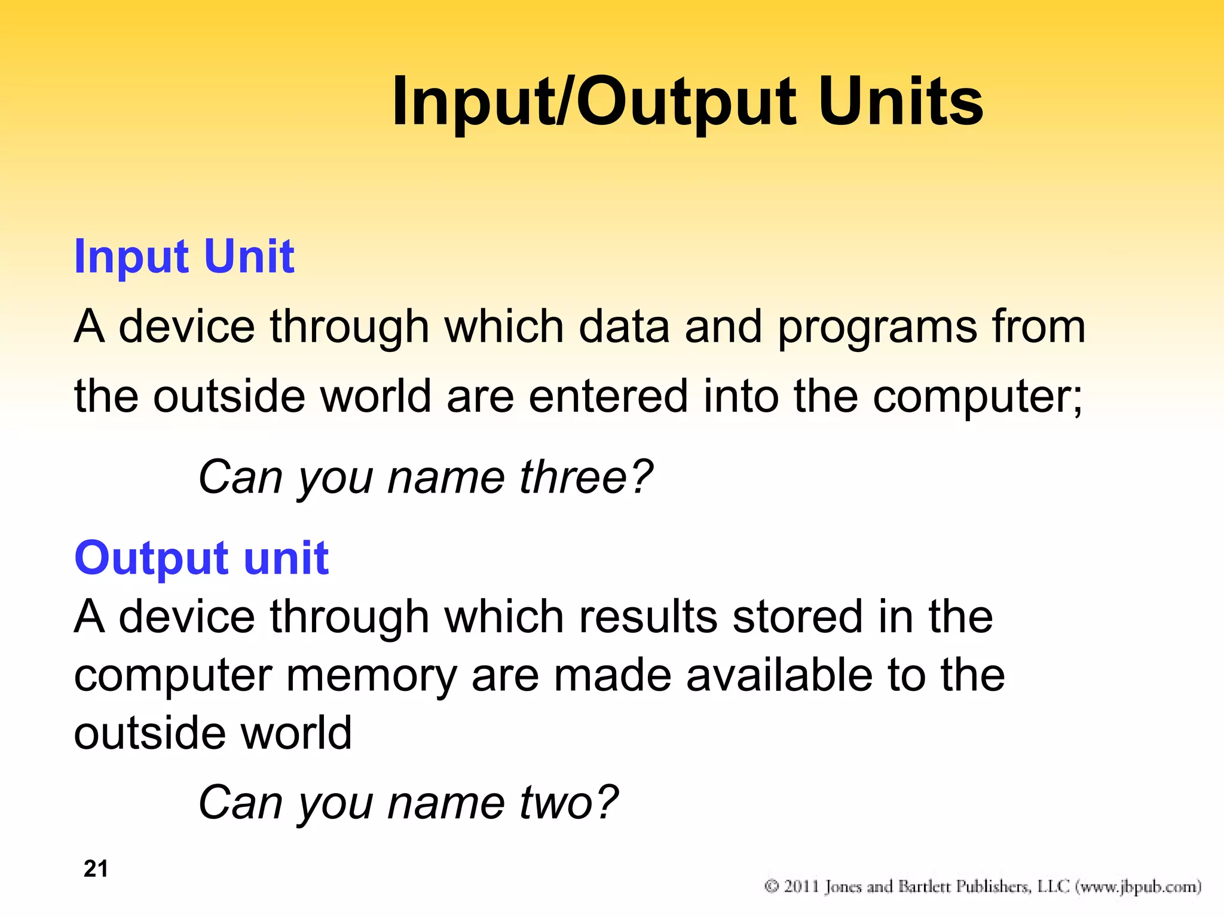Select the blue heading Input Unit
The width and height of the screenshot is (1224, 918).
pos(184,256)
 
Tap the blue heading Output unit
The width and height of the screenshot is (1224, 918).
pos(201,558)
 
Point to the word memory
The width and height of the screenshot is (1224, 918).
pos(371,677)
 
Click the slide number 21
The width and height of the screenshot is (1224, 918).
pos(96,868)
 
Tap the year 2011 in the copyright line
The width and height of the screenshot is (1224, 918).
pos(801,886)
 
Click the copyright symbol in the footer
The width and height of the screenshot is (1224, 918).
pos(772,886)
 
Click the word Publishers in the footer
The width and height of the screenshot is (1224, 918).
pos(993,886)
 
